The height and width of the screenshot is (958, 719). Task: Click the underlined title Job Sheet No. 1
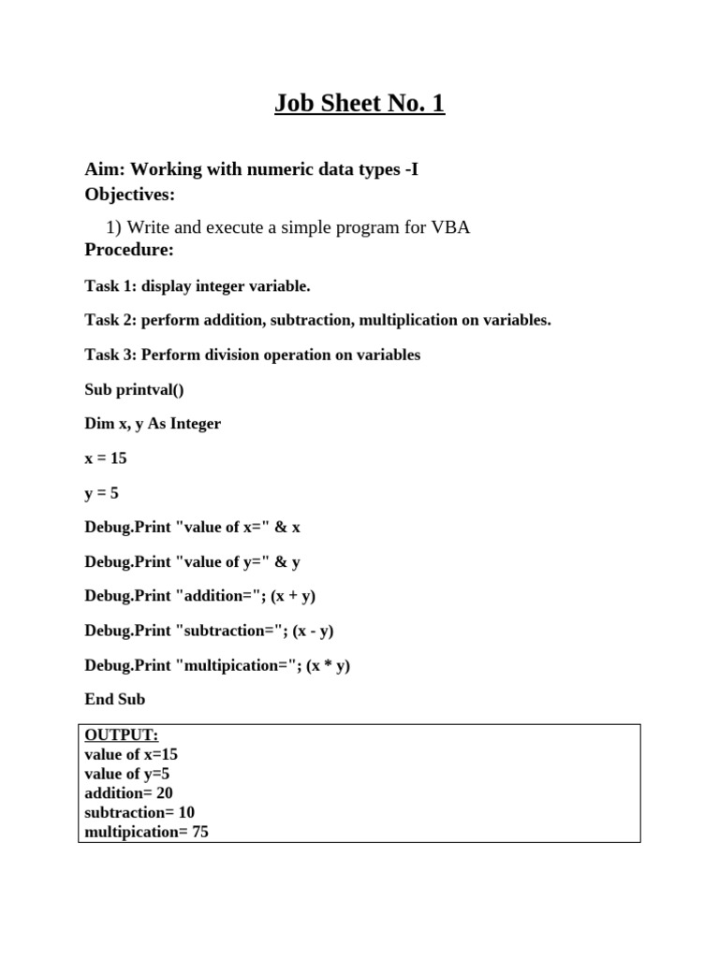359,103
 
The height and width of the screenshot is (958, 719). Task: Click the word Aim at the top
103,169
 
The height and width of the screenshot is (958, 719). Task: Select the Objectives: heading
130,195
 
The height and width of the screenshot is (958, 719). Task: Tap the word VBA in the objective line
449,227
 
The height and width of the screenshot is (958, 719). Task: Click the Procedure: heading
129,250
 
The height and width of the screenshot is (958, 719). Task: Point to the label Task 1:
110,286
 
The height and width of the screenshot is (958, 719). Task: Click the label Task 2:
110,320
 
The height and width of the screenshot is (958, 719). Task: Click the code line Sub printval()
135,389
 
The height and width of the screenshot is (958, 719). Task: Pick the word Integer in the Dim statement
194,424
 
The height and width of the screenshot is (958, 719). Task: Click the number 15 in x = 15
117,458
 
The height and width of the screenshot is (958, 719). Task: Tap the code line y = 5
102,493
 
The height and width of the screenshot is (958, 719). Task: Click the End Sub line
114,700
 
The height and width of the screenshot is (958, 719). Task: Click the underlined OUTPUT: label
122,735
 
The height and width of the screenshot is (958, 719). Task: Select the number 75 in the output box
199,831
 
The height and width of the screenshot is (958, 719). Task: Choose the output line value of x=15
131,754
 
